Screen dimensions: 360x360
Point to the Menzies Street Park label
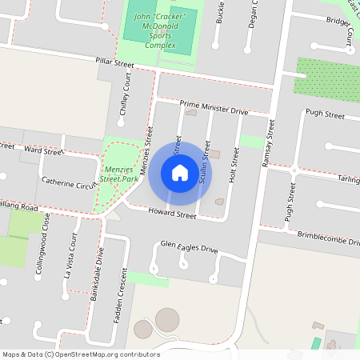(x=120, y=174)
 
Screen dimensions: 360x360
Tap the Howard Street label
(x=172, y=214)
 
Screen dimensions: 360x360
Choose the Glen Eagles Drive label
(x=189, y=246)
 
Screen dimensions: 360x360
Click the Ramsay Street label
(x=268, y=143)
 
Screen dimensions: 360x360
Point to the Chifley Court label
(x=124, y=98)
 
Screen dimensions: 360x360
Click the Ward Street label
(x=44, y=150)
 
